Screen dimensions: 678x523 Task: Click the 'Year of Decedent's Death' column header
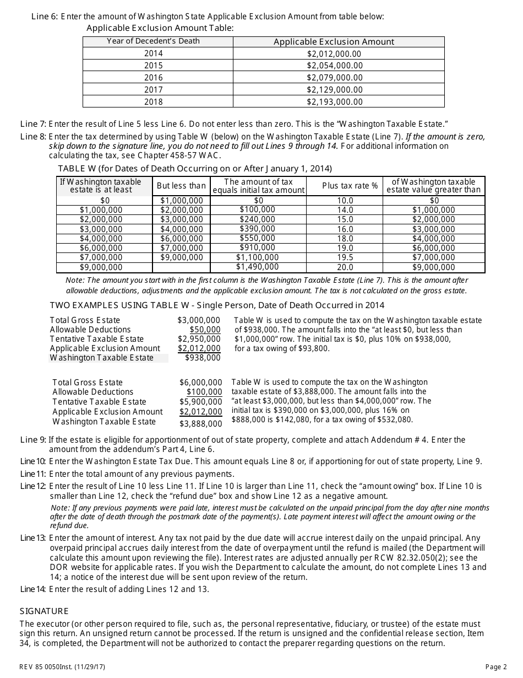coord(153,41)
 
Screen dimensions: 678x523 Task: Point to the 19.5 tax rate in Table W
coord(345,257)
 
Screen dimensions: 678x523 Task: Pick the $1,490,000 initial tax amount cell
coord(257,267)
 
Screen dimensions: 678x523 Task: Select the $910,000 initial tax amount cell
coord(257,247)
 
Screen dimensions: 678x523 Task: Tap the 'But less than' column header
coord(181,186)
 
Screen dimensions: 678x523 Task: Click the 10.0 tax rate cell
coord(345,201)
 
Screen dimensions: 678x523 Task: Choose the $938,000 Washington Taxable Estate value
coord(202,358)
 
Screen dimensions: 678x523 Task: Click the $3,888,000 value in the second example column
coord(200,424)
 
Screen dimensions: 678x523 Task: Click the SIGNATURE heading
coord(44,611)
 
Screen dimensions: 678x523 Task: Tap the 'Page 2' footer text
coord(496,667)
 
